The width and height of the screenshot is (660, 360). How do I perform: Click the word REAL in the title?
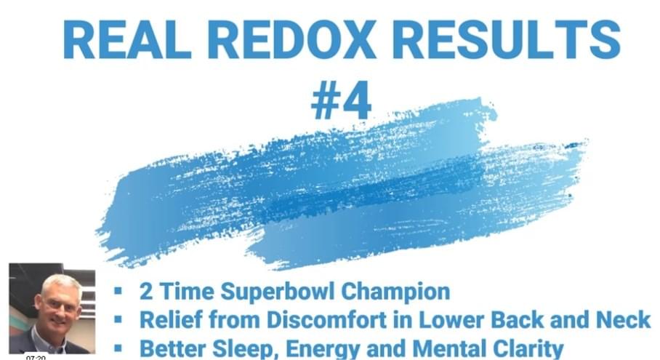(127, 39)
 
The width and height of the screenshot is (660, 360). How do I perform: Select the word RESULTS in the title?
(507, 39)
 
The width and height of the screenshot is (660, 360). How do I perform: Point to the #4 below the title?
(342, 100)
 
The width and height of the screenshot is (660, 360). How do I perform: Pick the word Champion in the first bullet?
(395, 292)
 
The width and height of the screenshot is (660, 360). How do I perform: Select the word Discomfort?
(326, 319)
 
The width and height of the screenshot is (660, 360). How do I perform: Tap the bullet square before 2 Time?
(118, 290)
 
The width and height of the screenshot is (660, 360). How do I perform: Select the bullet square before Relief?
(118, 319)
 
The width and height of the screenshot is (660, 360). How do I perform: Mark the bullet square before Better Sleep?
(118, 348)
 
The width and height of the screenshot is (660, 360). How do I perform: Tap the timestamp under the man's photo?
(36, 358)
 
